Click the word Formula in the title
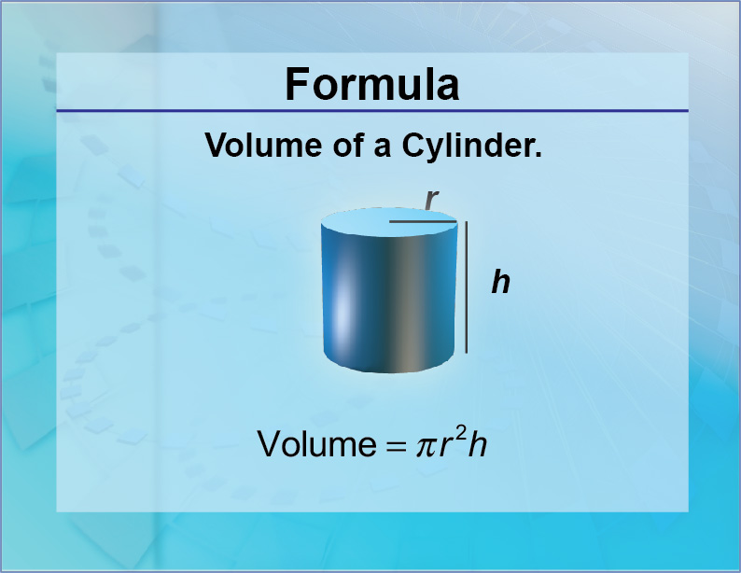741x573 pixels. pos(371,84)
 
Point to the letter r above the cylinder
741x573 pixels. pos(431,199)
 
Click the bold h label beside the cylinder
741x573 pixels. pos(501,282)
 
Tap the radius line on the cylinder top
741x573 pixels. pos(423,222)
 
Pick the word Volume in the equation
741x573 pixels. pos(315,443)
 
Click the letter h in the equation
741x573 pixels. pos(478,443)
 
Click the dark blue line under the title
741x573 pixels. pos(371,111)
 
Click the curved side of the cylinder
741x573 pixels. pos(411,299)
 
